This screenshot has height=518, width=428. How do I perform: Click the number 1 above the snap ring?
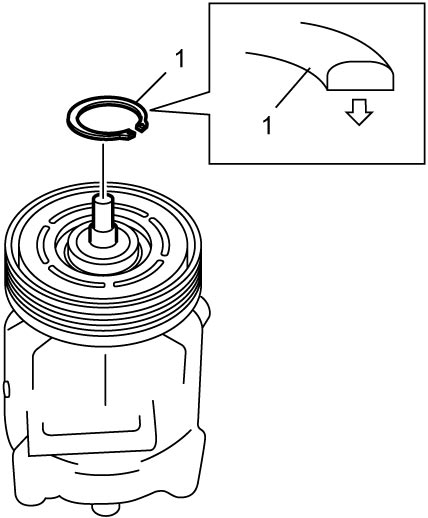pos(179,59)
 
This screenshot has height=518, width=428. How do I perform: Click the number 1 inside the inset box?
pos(267,125)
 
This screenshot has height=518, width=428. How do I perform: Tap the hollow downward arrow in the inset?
pos(359,112)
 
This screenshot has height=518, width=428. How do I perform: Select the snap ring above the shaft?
pos(107,118)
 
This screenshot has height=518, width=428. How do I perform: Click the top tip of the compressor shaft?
pos(104,198)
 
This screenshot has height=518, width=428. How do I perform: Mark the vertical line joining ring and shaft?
pos(104,169)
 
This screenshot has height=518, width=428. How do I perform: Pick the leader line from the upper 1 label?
pos(151,86)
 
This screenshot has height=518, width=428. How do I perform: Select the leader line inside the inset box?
pos(293,87)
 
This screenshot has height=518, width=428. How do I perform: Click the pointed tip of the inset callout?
pos(151,109)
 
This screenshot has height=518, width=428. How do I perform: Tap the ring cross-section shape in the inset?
pos(361,76)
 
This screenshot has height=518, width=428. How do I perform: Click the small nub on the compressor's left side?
pos(7,389)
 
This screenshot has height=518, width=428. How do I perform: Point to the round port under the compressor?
pos(105,509)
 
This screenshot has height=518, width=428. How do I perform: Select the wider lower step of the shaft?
pos(104,238)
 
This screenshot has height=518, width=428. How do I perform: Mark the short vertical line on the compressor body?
pos(105,380)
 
